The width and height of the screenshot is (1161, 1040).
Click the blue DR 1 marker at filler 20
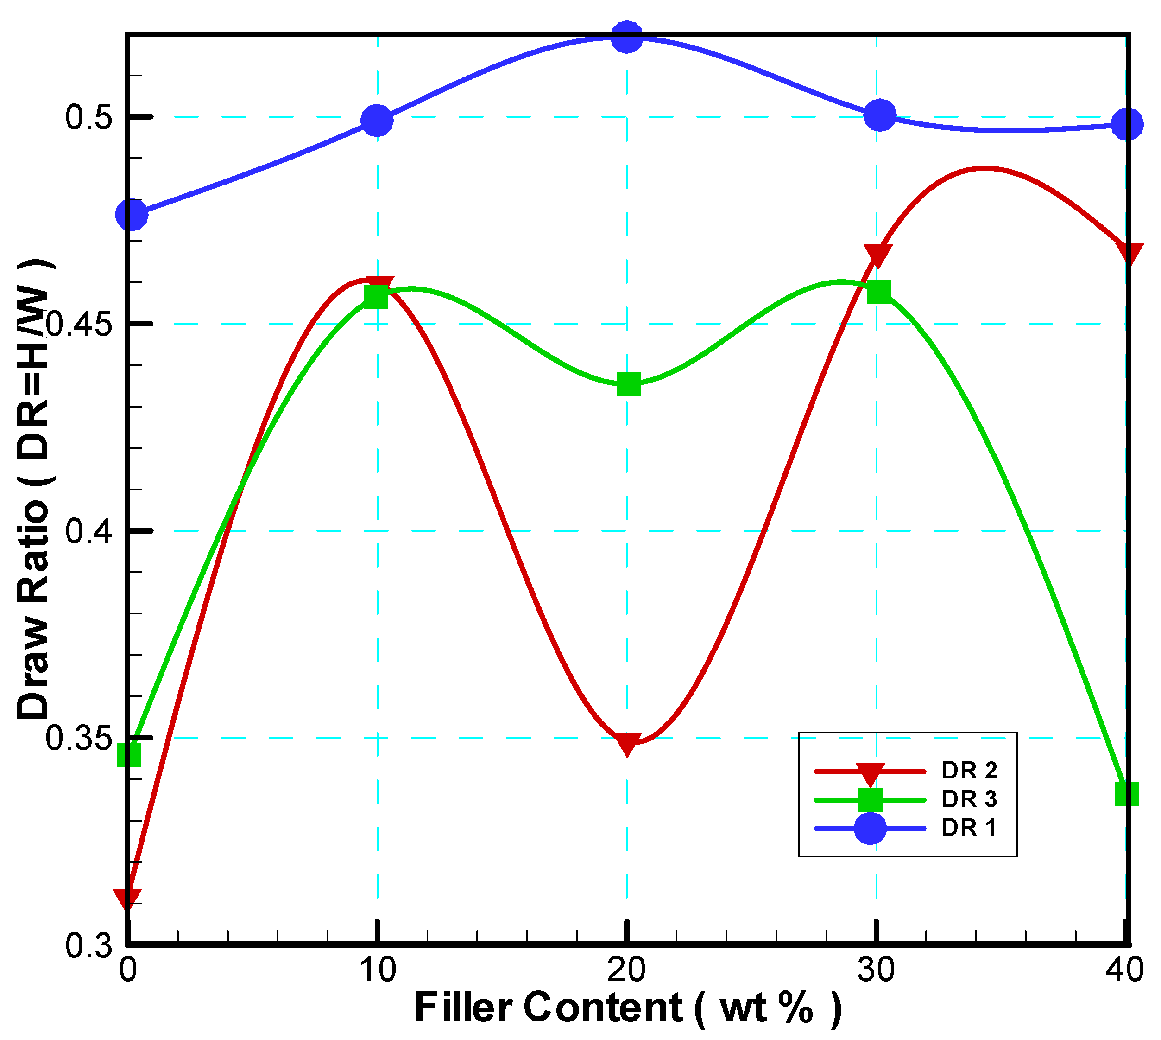pyautogui.click(x=626, y=37)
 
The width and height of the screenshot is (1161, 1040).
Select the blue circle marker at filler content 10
pyautogui.click(x=377, y=121)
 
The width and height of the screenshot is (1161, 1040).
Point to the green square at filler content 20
pyautogui.click(x=629, y=384)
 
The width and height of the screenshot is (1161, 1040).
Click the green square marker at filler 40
pyautogui.click(x=1127, y=794)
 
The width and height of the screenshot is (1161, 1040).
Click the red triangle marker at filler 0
pyautogui.click(x=127, y=899)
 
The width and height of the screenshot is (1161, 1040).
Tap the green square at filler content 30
pyautogui.click(x=878, y=292)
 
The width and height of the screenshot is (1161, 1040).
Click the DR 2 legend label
pyautogui.click(x=969, y=771)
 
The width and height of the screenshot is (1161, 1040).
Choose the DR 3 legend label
pyautogui.click(x=969, y=799)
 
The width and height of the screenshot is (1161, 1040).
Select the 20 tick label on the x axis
pyautogui.click(x=626, y=970)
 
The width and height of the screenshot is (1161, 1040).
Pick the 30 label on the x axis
pyautogui.click(x=876, y=970)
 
